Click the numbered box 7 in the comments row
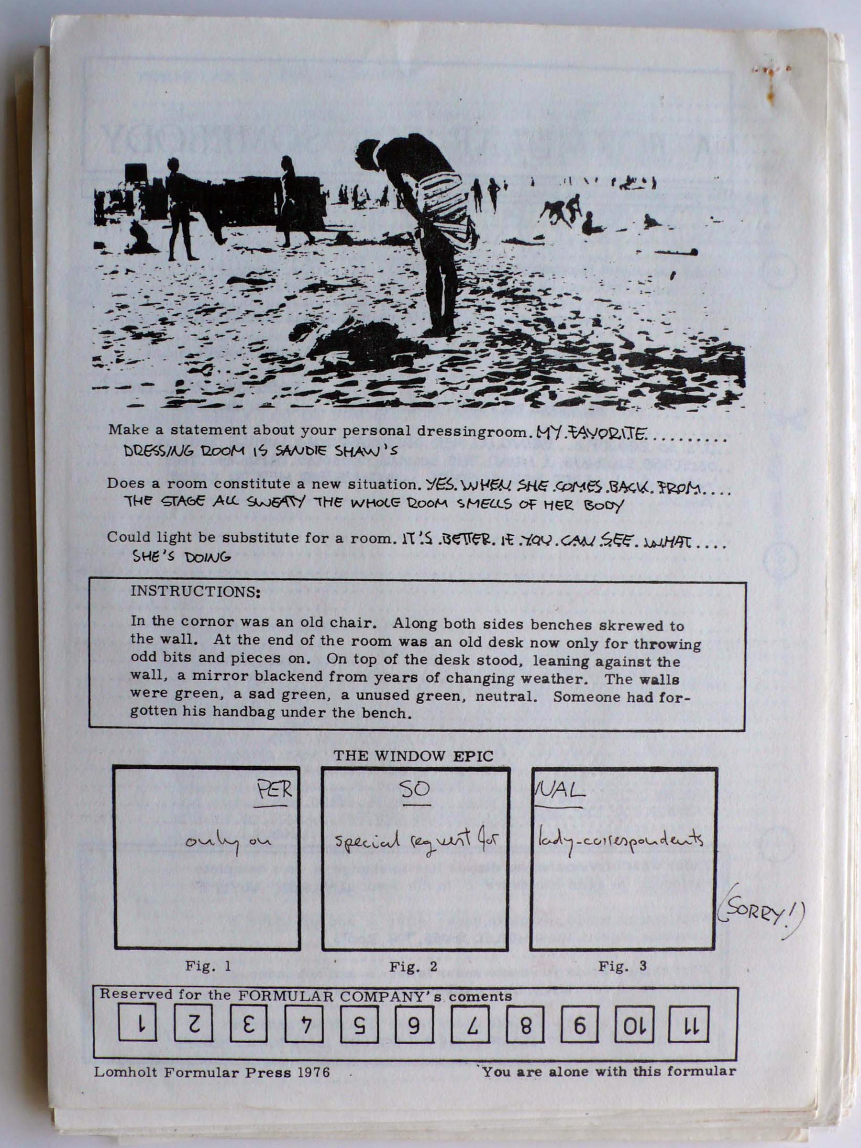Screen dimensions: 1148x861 coord(470,1027)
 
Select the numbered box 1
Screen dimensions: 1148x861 coord(138,1027)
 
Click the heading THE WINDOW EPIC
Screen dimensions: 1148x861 coord(413,756)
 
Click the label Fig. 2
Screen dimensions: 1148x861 coord(413,966)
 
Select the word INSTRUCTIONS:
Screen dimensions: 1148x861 coord(195,592)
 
